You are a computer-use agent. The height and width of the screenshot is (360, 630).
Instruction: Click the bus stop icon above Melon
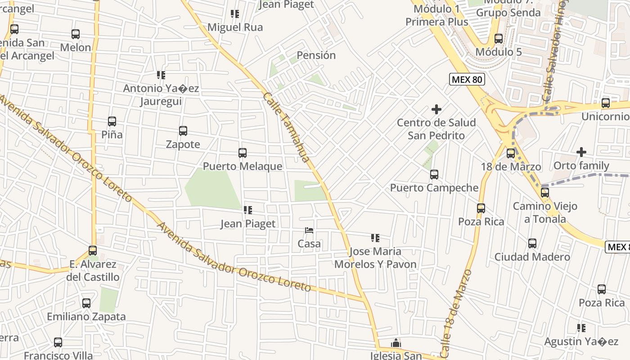point(76,34)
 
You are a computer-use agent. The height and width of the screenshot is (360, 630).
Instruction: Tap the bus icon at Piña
point(112,121)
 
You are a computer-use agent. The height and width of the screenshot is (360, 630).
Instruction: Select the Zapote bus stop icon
point(183,131)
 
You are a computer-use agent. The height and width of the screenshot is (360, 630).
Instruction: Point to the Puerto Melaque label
point(243,166)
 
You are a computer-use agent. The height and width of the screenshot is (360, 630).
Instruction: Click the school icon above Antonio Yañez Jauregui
point(161,75)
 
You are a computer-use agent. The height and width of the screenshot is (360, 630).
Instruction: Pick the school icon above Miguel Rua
point(234,14)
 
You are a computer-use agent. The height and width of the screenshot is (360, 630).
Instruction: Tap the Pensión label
point(316,55)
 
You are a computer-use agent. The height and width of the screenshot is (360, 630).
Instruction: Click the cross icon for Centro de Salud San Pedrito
point(436,109)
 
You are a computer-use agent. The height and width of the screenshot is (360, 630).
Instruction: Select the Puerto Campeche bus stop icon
point(434,174)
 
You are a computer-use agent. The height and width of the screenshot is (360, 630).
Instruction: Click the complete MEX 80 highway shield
point(467,80)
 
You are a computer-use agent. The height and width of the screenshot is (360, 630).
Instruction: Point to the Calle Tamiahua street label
point(287,127)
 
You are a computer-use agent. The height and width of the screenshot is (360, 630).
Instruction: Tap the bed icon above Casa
point(309,230)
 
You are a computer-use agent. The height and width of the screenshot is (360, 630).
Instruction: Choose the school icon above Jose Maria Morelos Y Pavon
point(375,238)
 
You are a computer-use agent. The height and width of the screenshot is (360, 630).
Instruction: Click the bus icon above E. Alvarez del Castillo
point(93,251)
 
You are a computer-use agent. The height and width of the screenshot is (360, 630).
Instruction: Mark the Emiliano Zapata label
point(86,316)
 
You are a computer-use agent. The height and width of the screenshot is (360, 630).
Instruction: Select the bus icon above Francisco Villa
point(58,342)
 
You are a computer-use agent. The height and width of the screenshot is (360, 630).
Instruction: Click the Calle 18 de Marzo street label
point(456,310)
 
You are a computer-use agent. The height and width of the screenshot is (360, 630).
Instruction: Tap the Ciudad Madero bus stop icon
point(532,243)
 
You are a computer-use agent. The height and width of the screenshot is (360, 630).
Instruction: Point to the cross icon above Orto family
point(581,152)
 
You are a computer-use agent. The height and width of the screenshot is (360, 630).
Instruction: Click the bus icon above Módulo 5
point(499,39)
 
